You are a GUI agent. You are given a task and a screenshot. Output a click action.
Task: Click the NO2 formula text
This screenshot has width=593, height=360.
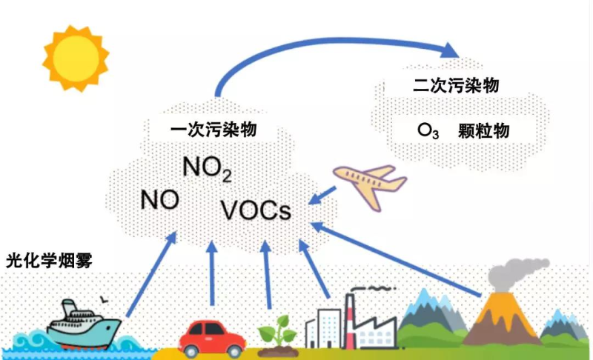(208, 170)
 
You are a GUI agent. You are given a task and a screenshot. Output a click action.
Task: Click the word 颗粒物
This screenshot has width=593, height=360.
(485, 131)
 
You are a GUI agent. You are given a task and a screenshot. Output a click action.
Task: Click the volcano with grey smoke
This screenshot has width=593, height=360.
(504, 319)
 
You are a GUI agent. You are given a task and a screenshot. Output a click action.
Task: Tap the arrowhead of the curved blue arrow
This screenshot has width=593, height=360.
(448, 50)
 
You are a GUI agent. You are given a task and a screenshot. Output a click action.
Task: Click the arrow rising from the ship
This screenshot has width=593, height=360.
(152, 274)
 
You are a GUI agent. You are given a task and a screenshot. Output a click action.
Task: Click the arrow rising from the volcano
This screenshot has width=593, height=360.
(400, 256)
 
